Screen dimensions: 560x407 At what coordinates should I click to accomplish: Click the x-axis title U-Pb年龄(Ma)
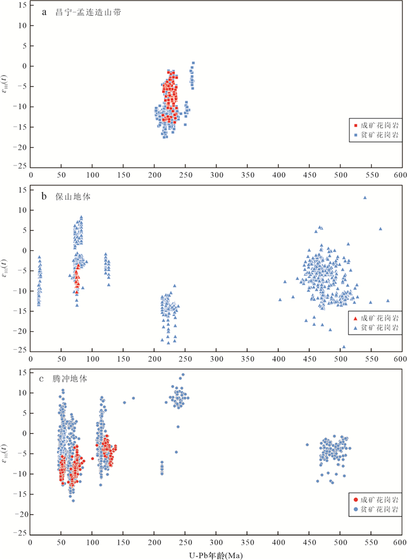tap(216, 555)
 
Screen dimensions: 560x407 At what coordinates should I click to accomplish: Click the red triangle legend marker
tap(356, 318)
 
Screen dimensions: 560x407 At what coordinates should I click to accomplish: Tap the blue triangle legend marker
tap(356, 328)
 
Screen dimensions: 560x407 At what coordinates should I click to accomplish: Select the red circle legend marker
tap(356, 499)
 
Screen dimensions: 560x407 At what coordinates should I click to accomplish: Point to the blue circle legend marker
tap(356, 509)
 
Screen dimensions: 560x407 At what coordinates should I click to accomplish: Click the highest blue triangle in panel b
tap(365, 198)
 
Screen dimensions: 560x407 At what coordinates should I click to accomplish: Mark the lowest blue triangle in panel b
tap(344, 347)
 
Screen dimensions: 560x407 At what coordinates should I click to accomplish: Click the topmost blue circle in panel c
tap(183, 375)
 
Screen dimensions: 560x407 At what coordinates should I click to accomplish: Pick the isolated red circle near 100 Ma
tap(92, 459)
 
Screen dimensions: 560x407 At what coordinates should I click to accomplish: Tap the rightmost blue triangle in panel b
tap(388, 300)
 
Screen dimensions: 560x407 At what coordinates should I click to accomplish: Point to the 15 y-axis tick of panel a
tap(23, 5)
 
